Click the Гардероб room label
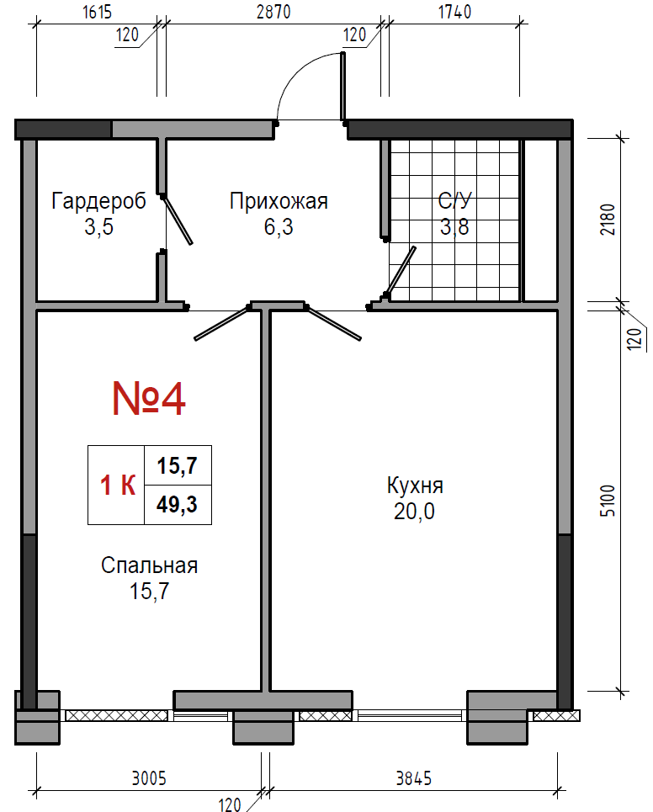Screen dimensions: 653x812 [98, 201]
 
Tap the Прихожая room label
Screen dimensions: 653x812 [279, 201]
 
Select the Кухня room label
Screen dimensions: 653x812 [415, 486]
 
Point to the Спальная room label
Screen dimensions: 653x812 [149, 565]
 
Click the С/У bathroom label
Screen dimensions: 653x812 [454, 201]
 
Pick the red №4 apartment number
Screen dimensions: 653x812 [149, 399]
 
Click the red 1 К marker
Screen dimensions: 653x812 [118, 486]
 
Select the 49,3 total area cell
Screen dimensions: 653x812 [177, 504]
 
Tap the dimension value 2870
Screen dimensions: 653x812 [273, 12]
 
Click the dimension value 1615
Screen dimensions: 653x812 [97, 12]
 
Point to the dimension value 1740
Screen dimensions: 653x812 [454, 12]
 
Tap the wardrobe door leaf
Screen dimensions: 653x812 [177, 220]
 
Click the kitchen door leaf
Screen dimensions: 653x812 [333, 324]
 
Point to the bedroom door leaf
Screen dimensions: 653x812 [222, 324]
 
